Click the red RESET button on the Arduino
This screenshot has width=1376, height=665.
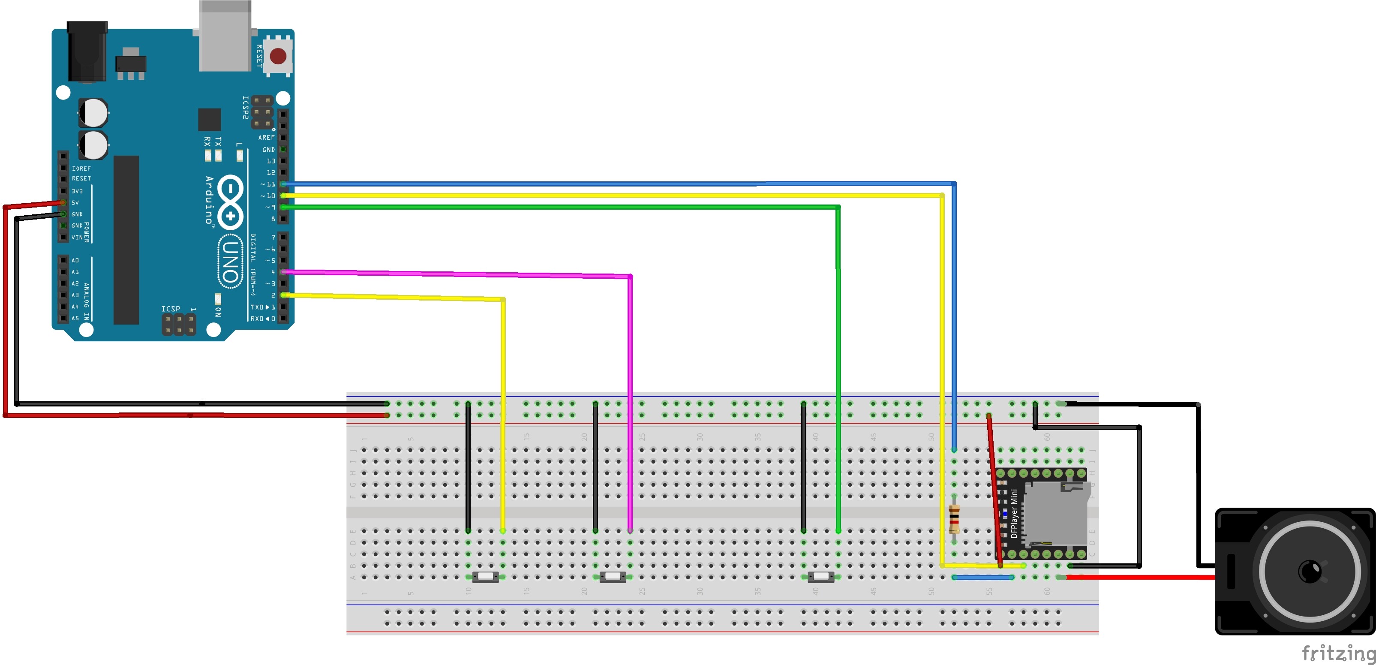(x=278, y=56)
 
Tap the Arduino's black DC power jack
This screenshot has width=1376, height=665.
(x=87, y=51)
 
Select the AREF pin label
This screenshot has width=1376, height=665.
(x=266, y=138)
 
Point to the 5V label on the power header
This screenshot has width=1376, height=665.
(x=75, y=203)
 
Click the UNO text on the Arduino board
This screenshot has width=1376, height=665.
(x=230, y=262)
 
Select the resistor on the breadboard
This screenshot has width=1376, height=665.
(x=954, y=519)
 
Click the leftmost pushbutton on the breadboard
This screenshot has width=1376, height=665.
(x=485, y=577)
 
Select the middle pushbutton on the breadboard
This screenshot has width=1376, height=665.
(x=613, y=577)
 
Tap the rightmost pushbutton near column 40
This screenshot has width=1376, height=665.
(x=820, y=577)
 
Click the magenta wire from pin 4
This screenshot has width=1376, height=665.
(x=630, y=400)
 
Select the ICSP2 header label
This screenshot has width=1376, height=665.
(x=246, y=107)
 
